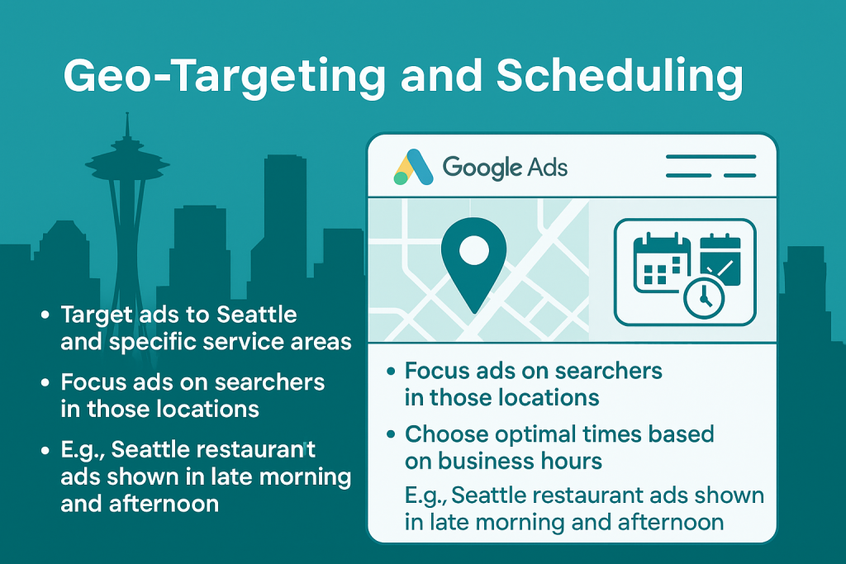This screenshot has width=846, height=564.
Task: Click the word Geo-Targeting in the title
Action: (x=224, y=77)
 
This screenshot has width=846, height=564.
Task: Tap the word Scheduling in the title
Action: (x=620, y=77)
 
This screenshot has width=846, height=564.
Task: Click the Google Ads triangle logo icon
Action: (x=413, y=167)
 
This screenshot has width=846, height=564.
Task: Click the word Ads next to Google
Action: (x=547, y=167)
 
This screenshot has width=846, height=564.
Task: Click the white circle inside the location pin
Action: (x=473, y=251)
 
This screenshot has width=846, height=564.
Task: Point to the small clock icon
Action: (x=704, y=298)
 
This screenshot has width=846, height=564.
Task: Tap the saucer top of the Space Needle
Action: (x=127, y=160)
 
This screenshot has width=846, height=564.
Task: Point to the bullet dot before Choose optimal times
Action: (x=391, y=434)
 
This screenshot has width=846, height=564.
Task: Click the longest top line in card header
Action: (x=711, y=157)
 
